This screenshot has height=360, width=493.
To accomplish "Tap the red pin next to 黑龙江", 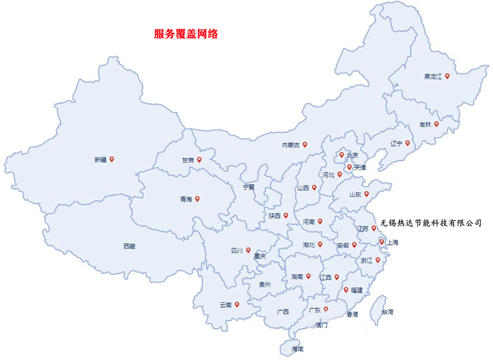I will tap(447, 76).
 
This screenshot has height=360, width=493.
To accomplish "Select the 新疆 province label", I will tap(100, 160).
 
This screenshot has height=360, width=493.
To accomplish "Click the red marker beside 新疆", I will tap(111, 159).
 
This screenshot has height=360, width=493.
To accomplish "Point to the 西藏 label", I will tap(129, 246).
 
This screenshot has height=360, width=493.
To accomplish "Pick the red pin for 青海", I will tap(197, 199).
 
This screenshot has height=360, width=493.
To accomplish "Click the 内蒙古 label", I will tap(291, 145).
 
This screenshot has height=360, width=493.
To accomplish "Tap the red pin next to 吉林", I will tap(436, 124).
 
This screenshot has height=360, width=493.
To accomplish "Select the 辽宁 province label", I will tap(396, 143).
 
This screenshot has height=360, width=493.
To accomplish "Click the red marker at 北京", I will tap(341, 155).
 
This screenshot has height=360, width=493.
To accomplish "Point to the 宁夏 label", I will tap(249, 187).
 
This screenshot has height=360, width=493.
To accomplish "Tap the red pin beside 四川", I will tap(248, 250).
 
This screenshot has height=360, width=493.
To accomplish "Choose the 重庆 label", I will tap(260, 257).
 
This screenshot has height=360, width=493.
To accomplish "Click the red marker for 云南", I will tap(237, 304).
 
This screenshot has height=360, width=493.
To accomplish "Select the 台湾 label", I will tap(387, 311).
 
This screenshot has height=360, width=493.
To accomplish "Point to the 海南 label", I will tap(297, 349).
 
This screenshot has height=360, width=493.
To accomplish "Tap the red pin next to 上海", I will tap(382, 242).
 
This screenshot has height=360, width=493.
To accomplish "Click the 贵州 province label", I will tap(265, 284).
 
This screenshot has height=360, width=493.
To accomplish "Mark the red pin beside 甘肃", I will tap(199, 160).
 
